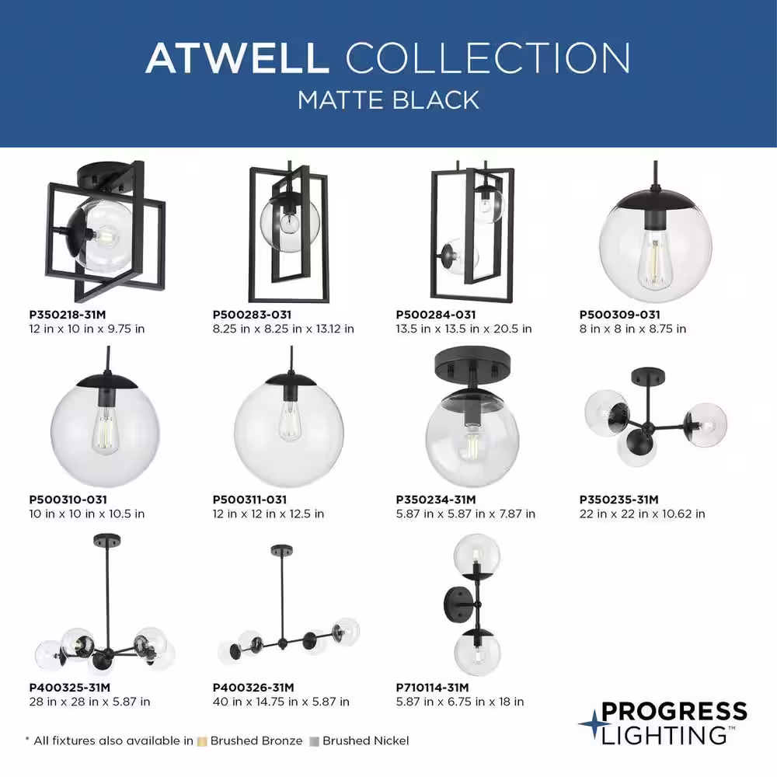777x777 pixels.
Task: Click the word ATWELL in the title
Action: point(237,58)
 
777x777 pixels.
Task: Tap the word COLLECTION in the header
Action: point(488,58)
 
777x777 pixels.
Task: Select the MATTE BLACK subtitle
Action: point(388,100)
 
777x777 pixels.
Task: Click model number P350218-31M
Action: point(68,315)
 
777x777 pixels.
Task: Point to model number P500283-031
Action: point(252,315)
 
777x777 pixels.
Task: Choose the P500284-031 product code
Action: point(436,315)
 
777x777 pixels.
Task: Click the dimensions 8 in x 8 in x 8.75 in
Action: point(632,329)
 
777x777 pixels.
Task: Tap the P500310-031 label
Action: point(68,500)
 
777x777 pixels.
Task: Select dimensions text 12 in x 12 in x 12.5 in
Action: point(268,514)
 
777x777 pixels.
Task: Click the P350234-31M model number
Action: point(436,500)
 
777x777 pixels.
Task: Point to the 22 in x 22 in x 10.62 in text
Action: point(643,514)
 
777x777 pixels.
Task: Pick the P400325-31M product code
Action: point(69,688)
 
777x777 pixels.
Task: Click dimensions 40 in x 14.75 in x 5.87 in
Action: point(281,702)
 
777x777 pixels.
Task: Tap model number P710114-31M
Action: point(432,688)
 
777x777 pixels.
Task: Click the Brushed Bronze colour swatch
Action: point(202,741)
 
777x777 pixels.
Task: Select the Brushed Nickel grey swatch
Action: point(314,741)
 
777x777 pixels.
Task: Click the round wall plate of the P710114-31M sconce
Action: point(456,605)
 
